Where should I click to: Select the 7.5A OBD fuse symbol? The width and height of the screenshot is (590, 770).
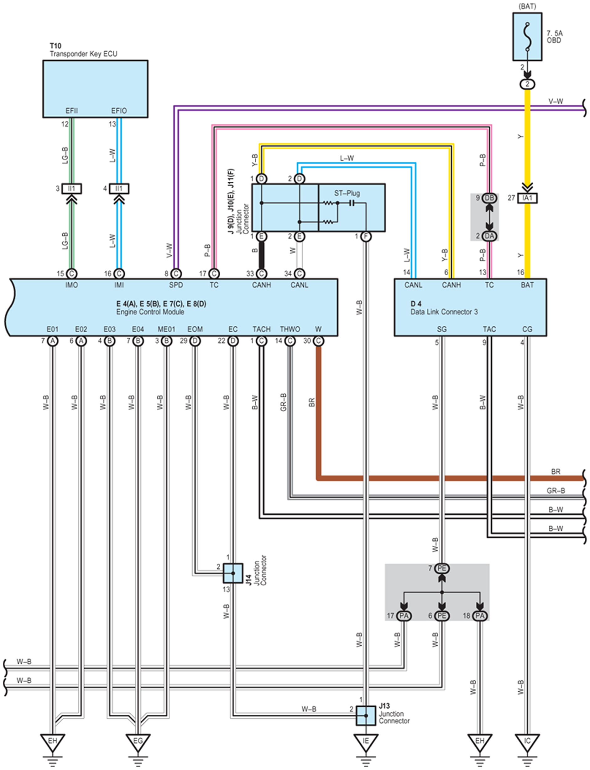[527, 37]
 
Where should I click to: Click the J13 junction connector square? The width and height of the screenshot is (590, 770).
[366, 715]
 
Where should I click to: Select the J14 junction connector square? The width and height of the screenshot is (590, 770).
[233, 573]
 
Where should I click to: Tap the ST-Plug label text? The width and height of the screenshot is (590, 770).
[347, 193]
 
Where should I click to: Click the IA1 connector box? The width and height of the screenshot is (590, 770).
[527, 198]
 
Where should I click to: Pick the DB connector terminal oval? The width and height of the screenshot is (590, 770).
[489, 198]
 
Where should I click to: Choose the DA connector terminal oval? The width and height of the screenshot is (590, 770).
[489, 236]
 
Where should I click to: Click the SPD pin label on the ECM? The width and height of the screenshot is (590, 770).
[176, 285]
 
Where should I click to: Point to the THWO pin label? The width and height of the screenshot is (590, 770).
[290, 329]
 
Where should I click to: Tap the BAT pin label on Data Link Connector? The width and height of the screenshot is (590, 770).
[527, 285]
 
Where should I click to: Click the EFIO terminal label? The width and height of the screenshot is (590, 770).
[119, 111]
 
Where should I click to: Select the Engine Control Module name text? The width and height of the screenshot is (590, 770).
[150, 312]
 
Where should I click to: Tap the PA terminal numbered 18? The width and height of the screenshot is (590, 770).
[480, 616]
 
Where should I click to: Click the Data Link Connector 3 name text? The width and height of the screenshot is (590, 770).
[444, 312]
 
